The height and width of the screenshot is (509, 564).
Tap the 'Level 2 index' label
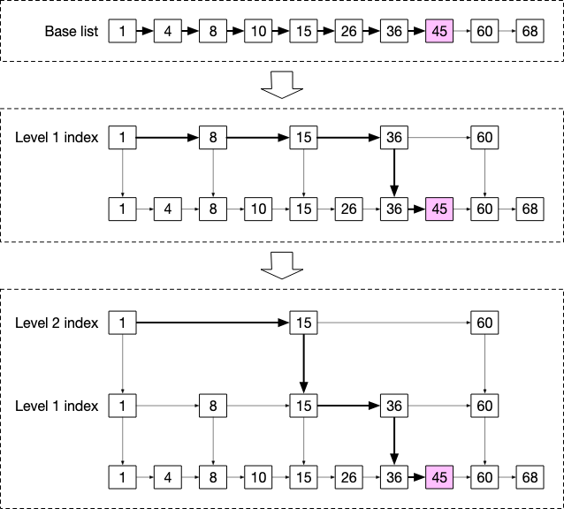click(57, 323)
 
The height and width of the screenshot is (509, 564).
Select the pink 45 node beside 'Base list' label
click(439, 33)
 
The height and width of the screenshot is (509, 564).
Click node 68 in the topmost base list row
click(530, 33)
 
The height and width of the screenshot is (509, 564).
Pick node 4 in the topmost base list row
click(167, 33)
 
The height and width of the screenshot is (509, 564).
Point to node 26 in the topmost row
click(348, 33)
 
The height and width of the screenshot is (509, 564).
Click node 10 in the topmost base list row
click(257, 33)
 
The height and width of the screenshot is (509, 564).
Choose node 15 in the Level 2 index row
click(303, 323)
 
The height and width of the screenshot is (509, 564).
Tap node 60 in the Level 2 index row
click(484, 323)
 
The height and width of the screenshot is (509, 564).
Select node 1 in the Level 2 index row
click(122, 323)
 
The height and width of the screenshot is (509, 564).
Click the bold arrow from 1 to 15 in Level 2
click(212, 323)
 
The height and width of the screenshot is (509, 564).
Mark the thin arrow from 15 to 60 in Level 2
click(393, 323)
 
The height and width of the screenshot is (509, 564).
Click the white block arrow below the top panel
click(282, 86)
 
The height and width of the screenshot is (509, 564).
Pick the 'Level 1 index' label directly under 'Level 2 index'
click(57, 406)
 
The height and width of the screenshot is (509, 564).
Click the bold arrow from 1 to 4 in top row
click(145, 33)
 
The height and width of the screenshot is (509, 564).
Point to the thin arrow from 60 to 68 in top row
click(507, 33)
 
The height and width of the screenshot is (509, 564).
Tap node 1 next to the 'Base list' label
click(122, 33)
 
